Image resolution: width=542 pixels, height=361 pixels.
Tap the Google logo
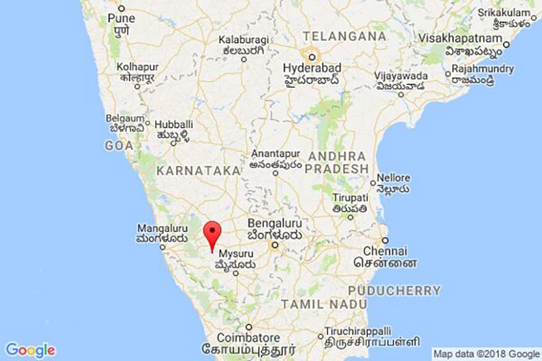pos(30,350)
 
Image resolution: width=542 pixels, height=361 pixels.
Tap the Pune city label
pos(121,19)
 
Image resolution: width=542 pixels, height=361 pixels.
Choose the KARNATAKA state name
pos(198,170)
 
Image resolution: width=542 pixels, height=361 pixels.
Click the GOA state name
pos(120,146)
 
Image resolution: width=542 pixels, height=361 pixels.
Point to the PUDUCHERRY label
pos(395,290)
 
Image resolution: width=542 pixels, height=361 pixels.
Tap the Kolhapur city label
pos(138,66)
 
